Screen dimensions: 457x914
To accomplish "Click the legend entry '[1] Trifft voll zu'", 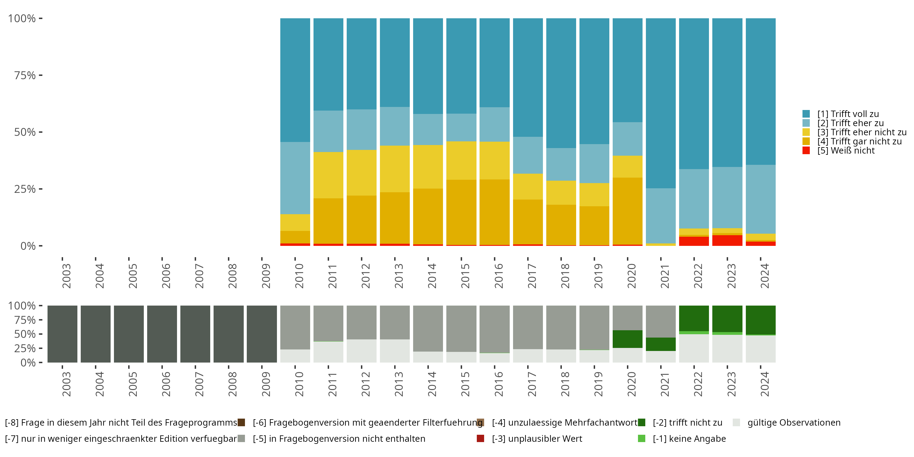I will click(x=848, y=114).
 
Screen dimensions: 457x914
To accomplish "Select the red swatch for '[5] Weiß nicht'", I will click(x=806, y=151).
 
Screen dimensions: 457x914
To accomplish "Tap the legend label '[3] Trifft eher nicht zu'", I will click(x=862, y=132).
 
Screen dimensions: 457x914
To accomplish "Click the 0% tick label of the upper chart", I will click(x=28, y=246).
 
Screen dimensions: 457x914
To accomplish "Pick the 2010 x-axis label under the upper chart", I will click(x=299, y=276).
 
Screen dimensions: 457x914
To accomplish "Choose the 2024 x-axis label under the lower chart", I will click(x=765, y=384).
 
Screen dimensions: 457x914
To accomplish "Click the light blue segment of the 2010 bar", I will click(x=295, y=178).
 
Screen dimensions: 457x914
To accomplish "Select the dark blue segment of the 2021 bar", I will click(x=661, y=103).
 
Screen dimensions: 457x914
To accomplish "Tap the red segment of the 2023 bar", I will click(x=727, y=240).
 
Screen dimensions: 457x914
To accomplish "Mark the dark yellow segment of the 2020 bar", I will click(x=627, y=211).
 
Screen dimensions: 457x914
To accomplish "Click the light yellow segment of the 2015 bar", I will click(x=461, y=160).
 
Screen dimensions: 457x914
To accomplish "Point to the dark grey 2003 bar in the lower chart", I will click(x=62, y=334).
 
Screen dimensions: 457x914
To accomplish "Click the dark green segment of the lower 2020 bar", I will click(x=627, y=339).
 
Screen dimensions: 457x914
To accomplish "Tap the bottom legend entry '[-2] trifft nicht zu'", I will click(x=687, y=423).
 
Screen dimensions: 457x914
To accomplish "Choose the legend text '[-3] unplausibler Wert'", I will click(x=537, y=439).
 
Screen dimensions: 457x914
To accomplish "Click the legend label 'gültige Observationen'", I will click(x=794, y=423).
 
